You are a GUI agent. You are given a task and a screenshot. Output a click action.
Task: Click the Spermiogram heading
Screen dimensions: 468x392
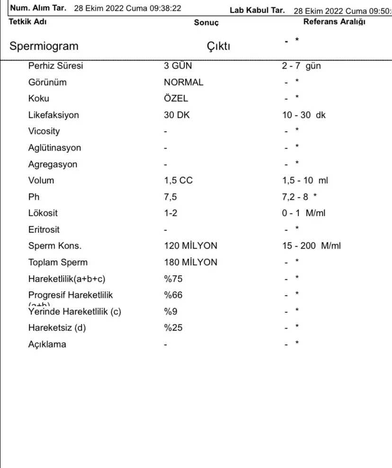[x=44, y=46]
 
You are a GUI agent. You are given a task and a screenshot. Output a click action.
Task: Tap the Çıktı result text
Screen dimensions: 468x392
[x=219, y=46]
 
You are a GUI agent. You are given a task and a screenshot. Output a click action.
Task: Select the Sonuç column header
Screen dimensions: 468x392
[x=206, y=23]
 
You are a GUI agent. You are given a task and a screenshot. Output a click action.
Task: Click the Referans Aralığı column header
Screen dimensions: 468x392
[x=334, y=22]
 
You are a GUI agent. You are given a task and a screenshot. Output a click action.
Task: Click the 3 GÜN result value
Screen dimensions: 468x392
[x=178, y=66]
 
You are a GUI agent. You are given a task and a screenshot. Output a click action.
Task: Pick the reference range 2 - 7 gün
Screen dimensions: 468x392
[x=301, y=66]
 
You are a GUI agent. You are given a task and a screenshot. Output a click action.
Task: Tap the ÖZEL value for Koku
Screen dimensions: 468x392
[x=176, y=99]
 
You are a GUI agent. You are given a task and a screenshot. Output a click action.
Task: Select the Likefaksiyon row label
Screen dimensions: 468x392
[x=53, y=115]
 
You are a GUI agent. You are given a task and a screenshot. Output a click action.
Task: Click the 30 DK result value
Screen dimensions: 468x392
[x=177, y=115]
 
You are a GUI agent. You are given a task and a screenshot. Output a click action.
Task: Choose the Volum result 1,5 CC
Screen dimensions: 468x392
[x=178, y=180]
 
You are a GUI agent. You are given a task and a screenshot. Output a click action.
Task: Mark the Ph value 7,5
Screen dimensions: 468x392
[x=170, y=197]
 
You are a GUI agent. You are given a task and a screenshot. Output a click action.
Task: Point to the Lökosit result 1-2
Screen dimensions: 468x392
[x=170, y=213]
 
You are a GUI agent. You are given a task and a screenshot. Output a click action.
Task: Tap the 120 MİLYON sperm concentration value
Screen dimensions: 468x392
[x=190, y=246]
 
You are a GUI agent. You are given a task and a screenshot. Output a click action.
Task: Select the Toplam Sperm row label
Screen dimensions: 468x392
[x=58, y=262]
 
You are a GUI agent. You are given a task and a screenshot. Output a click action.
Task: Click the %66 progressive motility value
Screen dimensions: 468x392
[x=173, y=295]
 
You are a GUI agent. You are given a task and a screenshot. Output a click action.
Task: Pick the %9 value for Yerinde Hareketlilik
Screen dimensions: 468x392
[x=170, y=312]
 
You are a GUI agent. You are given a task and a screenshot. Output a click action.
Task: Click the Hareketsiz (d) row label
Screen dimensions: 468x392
[x=57, y=328]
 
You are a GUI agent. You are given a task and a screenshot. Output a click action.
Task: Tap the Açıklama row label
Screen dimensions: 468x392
[x=47, y=344]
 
